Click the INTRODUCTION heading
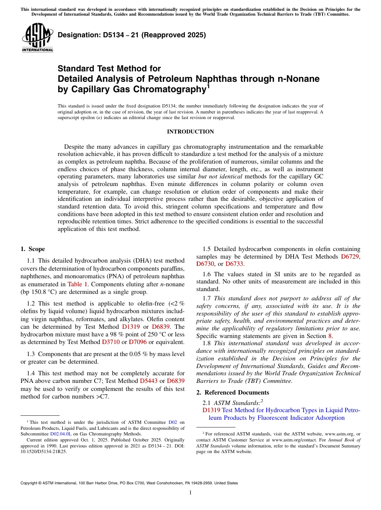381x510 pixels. point(190,132)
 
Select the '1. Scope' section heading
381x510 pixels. point(33,249)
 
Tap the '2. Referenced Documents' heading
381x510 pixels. point(233,393)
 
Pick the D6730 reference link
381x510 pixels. point(206,264)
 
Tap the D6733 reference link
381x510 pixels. point(234,264)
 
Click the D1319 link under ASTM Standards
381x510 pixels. point(211,410)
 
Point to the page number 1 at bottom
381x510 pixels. point(190,493)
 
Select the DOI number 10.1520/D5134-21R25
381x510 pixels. point(44,451)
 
